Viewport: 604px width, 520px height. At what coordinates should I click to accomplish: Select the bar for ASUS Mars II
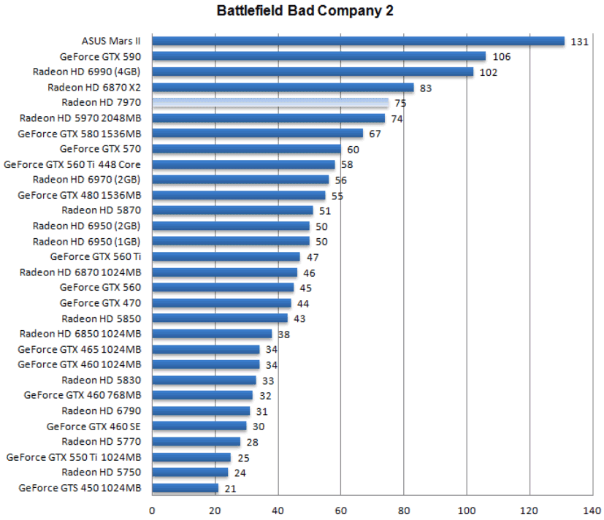pos(358,41)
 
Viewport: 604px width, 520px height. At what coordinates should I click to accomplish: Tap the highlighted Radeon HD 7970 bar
pos(270,103)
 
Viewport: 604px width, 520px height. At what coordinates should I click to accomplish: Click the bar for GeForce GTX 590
pos(318,56)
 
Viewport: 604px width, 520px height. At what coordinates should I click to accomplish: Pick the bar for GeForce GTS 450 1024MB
pos(186,488)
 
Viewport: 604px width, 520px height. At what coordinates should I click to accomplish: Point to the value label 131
pos(579,42)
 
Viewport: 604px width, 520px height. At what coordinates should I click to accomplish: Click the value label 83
pos(427,88)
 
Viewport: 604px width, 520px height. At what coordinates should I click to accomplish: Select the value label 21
pos(231,489)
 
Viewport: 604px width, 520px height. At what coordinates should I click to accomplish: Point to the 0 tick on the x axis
pos(152,511)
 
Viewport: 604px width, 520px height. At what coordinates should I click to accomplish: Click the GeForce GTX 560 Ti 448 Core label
pos(72,164)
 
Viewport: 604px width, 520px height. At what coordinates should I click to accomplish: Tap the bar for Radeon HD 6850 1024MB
pos(212,334)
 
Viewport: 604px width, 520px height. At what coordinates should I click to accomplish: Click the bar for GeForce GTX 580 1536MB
pos(257,134)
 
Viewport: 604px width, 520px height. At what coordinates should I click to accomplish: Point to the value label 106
pos(501,57)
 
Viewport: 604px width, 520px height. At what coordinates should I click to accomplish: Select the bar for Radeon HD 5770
pos(196,442)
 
